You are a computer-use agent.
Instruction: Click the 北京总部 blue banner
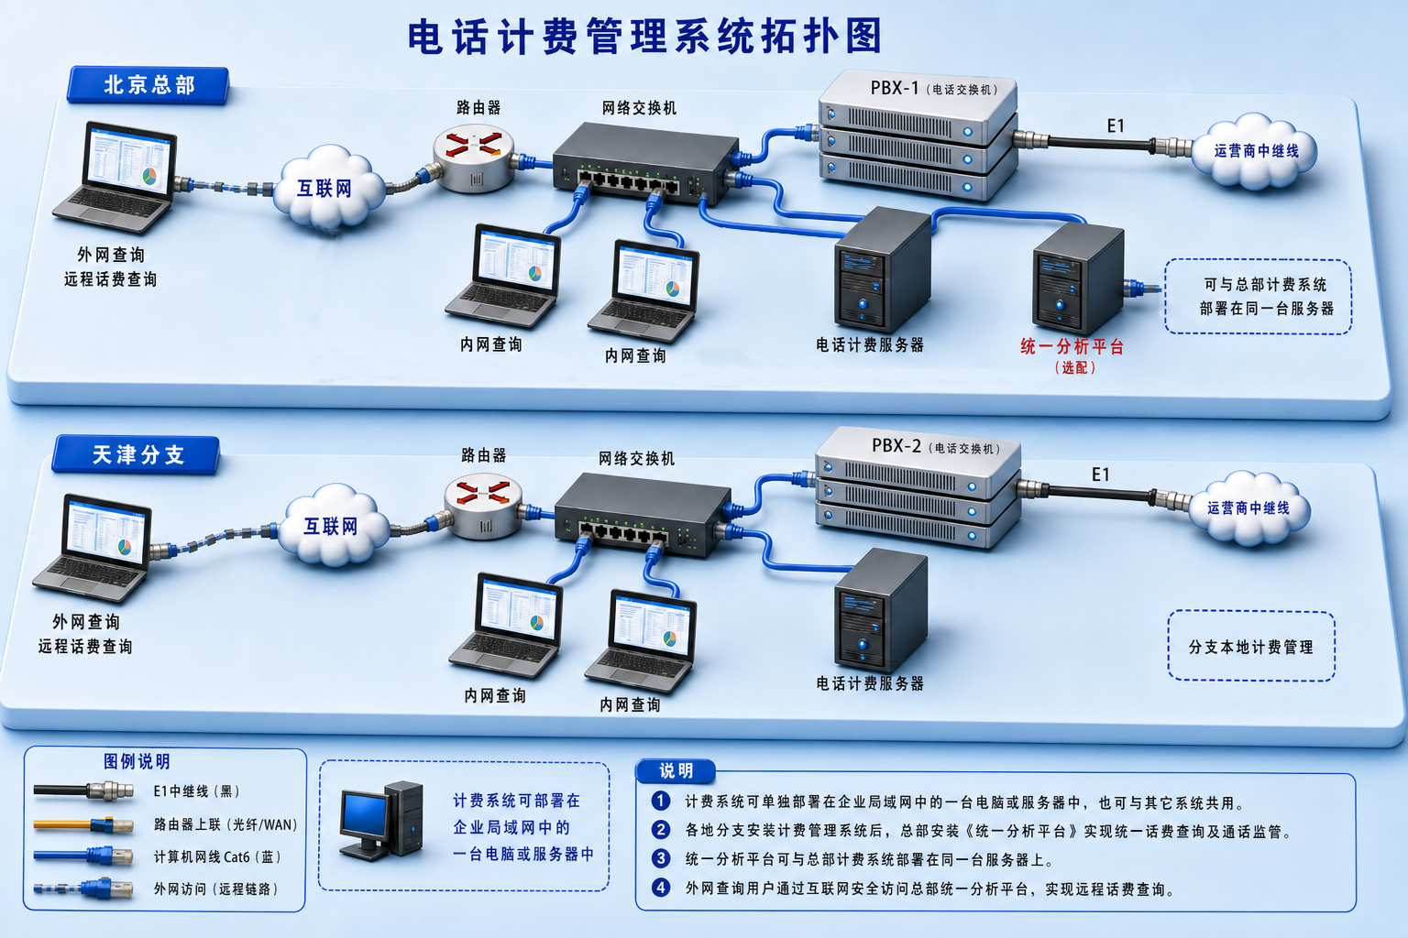[x=148, y=85]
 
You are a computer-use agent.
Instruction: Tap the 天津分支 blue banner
[x=137, y=454]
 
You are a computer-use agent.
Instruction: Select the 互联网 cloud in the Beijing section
[x=328, y=187]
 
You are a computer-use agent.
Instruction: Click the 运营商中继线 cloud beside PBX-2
[x=1248, y=507]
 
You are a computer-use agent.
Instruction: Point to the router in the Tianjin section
[x=483, y=507]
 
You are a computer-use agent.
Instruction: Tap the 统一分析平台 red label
[x=1072, y=347]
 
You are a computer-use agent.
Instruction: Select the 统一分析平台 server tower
[x=1078, y=278]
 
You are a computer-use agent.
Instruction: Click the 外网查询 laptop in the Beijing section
[x=114, y=177]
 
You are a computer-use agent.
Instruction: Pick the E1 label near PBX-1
[x=1116, y=126]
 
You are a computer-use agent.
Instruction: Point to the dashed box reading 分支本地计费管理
[x=1251, y=646]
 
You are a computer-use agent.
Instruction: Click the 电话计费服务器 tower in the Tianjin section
[x=881, y=609]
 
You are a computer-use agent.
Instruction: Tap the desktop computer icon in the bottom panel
[x=381, y=821]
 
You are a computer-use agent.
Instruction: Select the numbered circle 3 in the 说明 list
[x=661, y=858]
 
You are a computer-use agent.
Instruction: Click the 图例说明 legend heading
[x=137, y=761]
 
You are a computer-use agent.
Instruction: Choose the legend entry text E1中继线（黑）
[x=197, y=791]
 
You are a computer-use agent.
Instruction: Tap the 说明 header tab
[x=676, y=771]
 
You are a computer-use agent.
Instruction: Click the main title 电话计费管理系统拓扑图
[x=645, y=36]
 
